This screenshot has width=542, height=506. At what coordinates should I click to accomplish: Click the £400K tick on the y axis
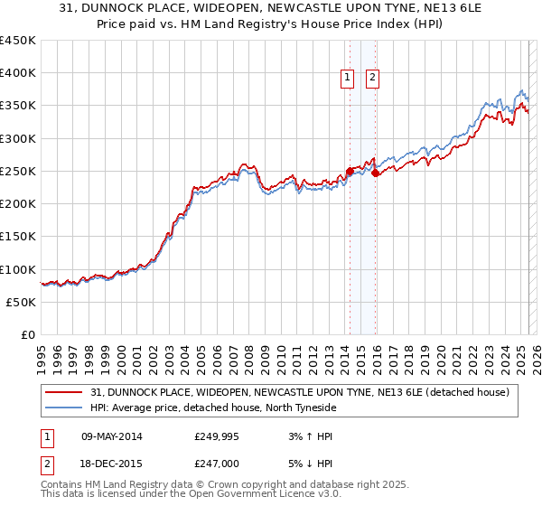tap(18, 73)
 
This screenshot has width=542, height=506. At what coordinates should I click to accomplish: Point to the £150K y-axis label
tap(18, 237)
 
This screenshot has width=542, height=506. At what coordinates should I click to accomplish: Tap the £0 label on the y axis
tap(28, 335)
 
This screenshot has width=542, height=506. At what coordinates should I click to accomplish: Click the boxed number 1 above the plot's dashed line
tap(348, 79)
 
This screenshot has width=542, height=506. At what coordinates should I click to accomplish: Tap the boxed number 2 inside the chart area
tap(372, 79)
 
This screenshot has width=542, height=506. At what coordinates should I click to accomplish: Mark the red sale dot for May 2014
tap(350, 171)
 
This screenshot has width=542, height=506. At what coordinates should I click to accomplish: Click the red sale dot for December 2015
tap(376, 173)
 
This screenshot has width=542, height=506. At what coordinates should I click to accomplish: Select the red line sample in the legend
tap(63, 392)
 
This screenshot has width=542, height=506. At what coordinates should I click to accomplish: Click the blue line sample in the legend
tap(63, 408)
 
